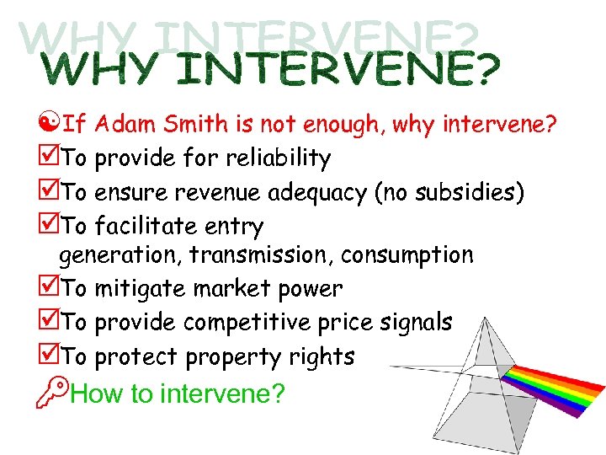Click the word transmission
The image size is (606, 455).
pos(259,254)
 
